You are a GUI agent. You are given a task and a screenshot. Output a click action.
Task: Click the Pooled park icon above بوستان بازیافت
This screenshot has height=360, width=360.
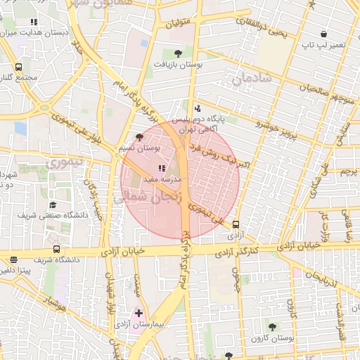coord(178,53)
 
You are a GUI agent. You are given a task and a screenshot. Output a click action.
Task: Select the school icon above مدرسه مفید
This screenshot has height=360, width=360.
coord(162,169)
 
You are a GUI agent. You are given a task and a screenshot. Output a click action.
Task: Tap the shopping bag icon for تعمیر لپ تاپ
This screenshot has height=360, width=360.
coord(323,34)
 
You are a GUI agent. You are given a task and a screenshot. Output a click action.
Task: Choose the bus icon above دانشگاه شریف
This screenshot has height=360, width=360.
coord(56,249)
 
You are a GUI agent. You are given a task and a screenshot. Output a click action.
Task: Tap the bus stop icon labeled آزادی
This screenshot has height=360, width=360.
coord(235,225)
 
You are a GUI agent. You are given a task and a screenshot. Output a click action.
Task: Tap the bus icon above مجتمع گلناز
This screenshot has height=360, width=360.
coord(18,67)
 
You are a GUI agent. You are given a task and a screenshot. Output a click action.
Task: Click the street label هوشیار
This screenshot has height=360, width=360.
coord(53,303)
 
